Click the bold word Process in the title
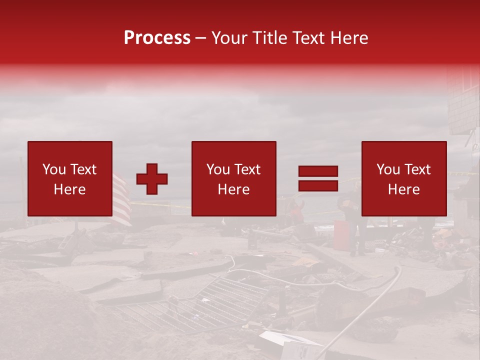tap(157, 38)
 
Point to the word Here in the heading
tap(348, 38)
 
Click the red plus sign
tap(152, 179)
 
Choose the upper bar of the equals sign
tap(318, 171)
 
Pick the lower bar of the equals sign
tap(318, 186)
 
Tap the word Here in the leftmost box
tap(69, 189)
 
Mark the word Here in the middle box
tap(233, 189)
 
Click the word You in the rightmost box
tap(388, 169)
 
